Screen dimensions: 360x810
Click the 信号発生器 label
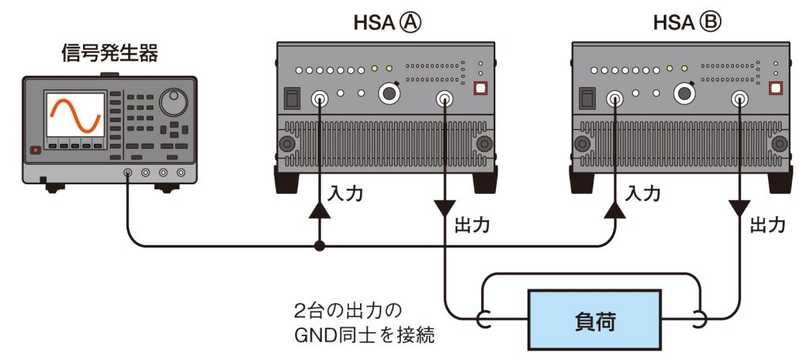click(109, 54)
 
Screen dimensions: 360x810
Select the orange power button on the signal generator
click(34, 150)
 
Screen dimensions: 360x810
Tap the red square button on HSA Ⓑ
click(776, 89)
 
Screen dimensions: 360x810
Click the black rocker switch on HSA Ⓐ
click(292, 98)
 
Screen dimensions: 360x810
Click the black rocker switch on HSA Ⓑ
click(587, 98)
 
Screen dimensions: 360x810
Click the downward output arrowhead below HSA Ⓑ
click(739, 209)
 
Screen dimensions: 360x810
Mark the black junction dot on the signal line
click(319, 247)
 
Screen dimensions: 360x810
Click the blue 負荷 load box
click(594, 320)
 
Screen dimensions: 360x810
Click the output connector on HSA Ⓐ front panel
click(445, 99)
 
